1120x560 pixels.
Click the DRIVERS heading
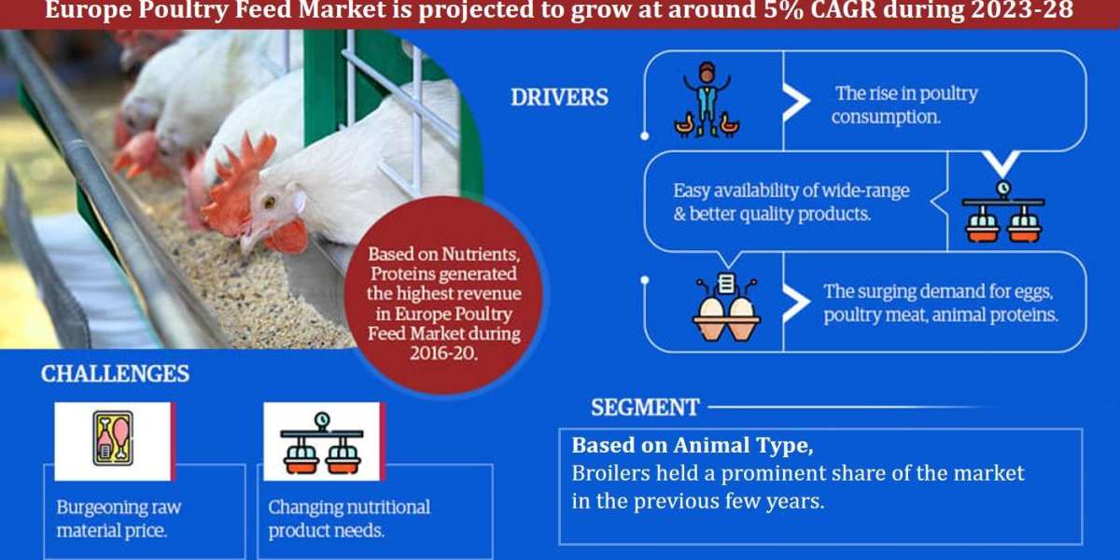pyautogui.click(x=559, y=97)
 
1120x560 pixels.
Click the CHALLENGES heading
pyautogui.click(x=115, y=374)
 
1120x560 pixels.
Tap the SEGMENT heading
pyautogui.click(x=645, y=408)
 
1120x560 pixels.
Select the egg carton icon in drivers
pyautogui.click(x=726, y=307)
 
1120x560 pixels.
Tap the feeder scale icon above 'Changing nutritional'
pyautogui.click(x=322, y=443)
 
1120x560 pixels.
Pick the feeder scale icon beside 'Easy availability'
pyautogui.click(x=1003, y=212)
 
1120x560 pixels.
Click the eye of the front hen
pyautogui.click(x=270, y=202)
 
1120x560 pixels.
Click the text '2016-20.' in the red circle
pyautogui.click(x=444, y=354)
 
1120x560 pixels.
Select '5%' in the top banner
pyautogui.click(x=782, y=9)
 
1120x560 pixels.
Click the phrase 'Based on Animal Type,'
pyautogui.click(x=693, y=445)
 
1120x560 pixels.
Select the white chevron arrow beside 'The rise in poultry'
pyautogui.click(x=796, y=102)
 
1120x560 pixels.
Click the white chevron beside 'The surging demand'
pyautogui.click(x=796, y=303)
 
